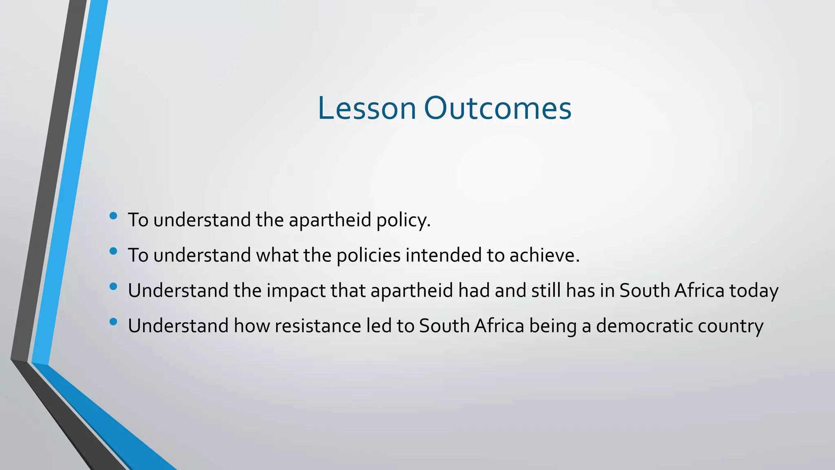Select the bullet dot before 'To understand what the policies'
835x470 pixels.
[x=113, y=251]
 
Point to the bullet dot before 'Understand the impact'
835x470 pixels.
[x=113, y=286]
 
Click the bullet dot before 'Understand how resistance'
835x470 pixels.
[x=113, y=322]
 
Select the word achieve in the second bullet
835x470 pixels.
[x=544, y=255]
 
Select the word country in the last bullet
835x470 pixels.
[x=730, y=326]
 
